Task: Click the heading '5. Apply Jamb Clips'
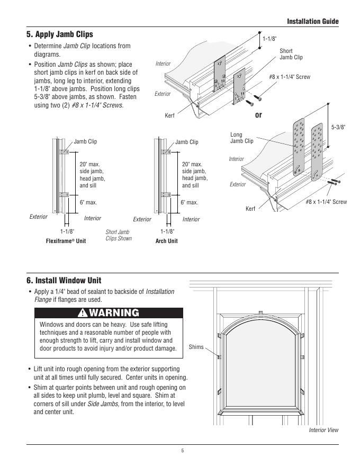tap(59, 34)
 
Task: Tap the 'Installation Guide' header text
tap(312, 22)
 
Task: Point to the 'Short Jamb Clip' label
tap(291, 54)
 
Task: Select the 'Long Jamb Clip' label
tap(241, 138)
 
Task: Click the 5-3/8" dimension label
tap(338, 127)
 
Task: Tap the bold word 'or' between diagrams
tap(258, 114)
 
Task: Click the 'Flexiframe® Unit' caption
tap(66, 241)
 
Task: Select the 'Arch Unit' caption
tap(166, 241)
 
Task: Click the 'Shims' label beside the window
tap(196, 347)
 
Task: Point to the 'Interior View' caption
tap(323, 430)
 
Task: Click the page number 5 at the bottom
tap(182, 451)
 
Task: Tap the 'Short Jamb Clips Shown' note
tap(118, 235)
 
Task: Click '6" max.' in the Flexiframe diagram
tap(88, 202)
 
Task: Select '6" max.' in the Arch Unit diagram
tap(189, 202)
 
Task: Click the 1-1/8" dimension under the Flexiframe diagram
tap(67, 231)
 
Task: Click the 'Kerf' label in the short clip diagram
tap(169, 115)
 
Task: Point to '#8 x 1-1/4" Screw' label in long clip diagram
tap(326, 202)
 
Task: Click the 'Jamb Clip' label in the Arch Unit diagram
tap(186, 142)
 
